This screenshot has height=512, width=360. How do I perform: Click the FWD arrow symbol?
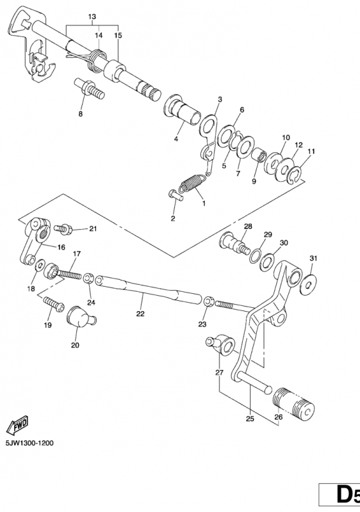click(x=17, y=425)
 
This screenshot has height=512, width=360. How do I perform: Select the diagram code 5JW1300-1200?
click(x=29, y=443)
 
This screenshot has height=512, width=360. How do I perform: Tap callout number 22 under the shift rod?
click(x=140, y=314)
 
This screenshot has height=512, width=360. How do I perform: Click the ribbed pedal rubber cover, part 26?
click(x=293, y=404)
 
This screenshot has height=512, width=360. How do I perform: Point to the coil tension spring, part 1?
click(x=193, y=184)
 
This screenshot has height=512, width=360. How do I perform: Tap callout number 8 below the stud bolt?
click(x=80, y=114)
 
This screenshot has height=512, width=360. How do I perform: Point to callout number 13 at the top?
click(x=92, y=17)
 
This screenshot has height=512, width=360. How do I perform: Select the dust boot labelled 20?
click(x=80, y=316)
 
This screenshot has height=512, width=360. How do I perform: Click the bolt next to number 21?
click(x=63, y=228)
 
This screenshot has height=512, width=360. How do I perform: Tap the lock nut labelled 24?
click(x=88, y=278)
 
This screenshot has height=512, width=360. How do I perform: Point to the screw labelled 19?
click(x=54, y=305)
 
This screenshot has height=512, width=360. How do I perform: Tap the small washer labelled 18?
click(x=40, y=265)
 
